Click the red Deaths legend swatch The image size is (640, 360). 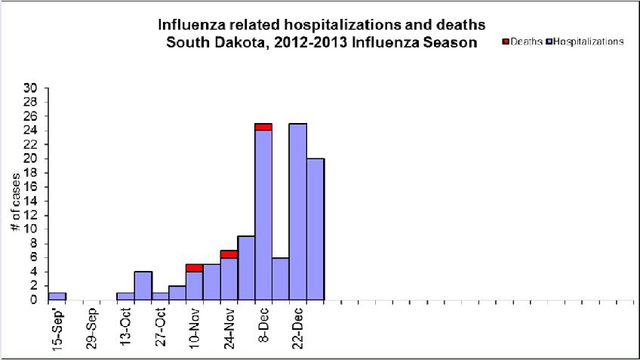coord(506,42)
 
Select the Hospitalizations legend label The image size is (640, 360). coord(589,42)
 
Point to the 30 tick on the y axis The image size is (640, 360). coord(31,88)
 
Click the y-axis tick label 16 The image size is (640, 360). coord(31,186)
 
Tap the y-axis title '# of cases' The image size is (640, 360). coord(14,193)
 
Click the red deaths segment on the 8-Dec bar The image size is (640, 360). coord(263,127)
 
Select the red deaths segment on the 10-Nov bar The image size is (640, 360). coord(194,268)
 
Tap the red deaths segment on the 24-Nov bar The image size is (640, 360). coord(229,254)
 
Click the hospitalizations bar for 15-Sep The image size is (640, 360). coord(57,296)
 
